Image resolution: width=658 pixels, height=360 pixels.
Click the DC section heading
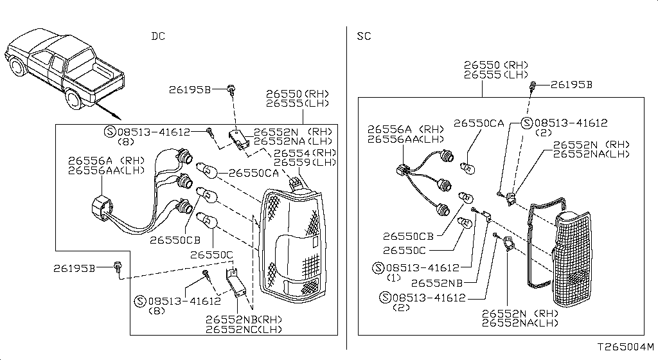pos(158,37)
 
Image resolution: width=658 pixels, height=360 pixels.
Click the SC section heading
pos(364,37)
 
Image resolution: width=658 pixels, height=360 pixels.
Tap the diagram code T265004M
pos(626,347)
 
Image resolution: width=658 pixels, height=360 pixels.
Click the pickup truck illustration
pos(65,69)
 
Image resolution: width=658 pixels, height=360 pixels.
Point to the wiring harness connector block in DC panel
pos(102,209)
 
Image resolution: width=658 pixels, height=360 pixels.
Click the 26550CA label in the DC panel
pos(253,174)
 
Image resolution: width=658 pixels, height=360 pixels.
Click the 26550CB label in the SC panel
pos(408,237)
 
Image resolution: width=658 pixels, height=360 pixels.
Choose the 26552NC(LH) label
pos(244,330)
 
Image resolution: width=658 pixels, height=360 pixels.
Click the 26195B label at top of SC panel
pos(571,85)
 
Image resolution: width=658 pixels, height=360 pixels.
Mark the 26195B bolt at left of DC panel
pos(118,266)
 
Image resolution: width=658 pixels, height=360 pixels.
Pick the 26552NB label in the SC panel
pos(437,283)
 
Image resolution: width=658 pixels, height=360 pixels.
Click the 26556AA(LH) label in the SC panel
pos(406,139)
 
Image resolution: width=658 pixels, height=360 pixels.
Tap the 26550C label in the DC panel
pos(211,255)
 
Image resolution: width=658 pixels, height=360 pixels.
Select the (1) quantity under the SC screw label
pos(394,278)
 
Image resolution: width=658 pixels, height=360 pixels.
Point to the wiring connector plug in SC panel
pos(402,170)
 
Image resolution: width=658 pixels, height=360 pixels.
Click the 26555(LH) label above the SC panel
pos(496,75)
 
